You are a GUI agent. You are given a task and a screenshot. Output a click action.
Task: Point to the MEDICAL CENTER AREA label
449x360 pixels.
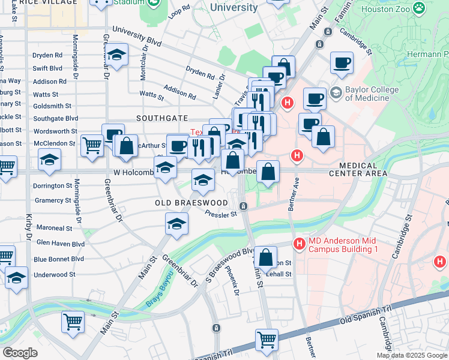pyautogui.click(x=358, y=169)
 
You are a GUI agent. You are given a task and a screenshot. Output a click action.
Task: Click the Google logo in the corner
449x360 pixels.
pyautogui.click(x=19, y=352)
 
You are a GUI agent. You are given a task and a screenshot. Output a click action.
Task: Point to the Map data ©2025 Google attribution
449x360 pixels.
pyautogui.click(x=411, y=355)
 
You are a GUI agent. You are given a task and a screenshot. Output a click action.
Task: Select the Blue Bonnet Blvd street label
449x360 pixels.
pyautogui.click(x=59, y=259)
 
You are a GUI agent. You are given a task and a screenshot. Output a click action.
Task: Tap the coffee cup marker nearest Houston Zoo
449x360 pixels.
pyautogui.click(x=342, y=62)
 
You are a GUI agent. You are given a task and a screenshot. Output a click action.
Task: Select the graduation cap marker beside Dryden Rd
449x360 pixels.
pyautogui.click(x=117, y=55)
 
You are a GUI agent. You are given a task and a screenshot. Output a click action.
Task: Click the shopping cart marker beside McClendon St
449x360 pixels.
pyautogui.click(x=92, y=145)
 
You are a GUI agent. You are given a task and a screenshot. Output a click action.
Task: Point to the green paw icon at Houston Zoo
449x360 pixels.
pyautogui.click(x=419, y=10)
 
